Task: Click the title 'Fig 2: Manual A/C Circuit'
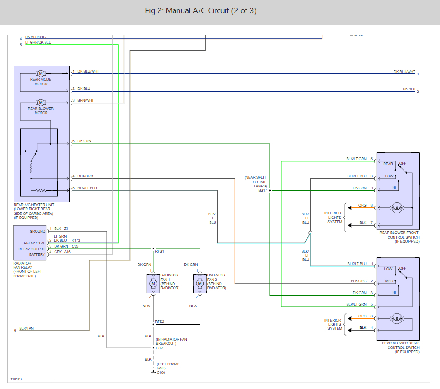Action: click(200, 11)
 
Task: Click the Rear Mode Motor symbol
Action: click(41, 73)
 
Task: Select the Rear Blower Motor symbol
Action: click(41, 102)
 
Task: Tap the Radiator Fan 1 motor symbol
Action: click(153, 284)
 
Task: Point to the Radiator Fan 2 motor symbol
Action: click(200, 284)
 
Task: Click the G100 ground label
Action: click(161, 373)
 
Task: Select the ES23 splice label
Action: click(160, 348)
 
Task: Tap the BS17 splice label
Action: click(262, 190)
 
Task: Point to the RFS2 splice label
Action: click(160, 321)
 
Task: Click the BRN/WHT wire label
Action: click(86, 100)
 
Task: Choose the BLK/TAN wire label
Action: click(27, 328)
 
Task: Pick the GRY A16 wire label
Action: click(62, 252)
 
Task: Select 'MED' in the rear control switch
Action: click(389, 280)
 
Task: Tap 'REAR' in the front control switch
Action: click(388, 164)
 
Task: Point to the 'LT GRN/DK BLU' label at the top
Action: click(38, 42)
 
